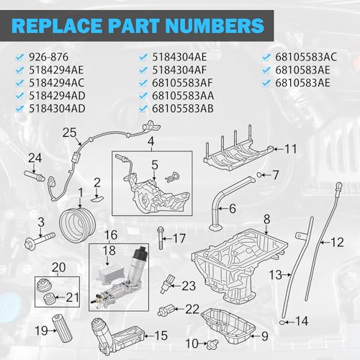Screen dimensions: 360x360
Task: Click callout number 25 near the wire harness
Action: tap(69, 133)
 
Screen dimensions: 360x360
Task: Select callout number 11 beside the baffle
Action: tap(290, 149)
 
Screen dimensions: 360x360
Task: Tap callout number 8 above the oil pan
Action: tap(266, 218)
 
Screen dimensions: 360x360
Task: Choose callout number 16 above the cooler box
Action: tap(111, 235)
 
